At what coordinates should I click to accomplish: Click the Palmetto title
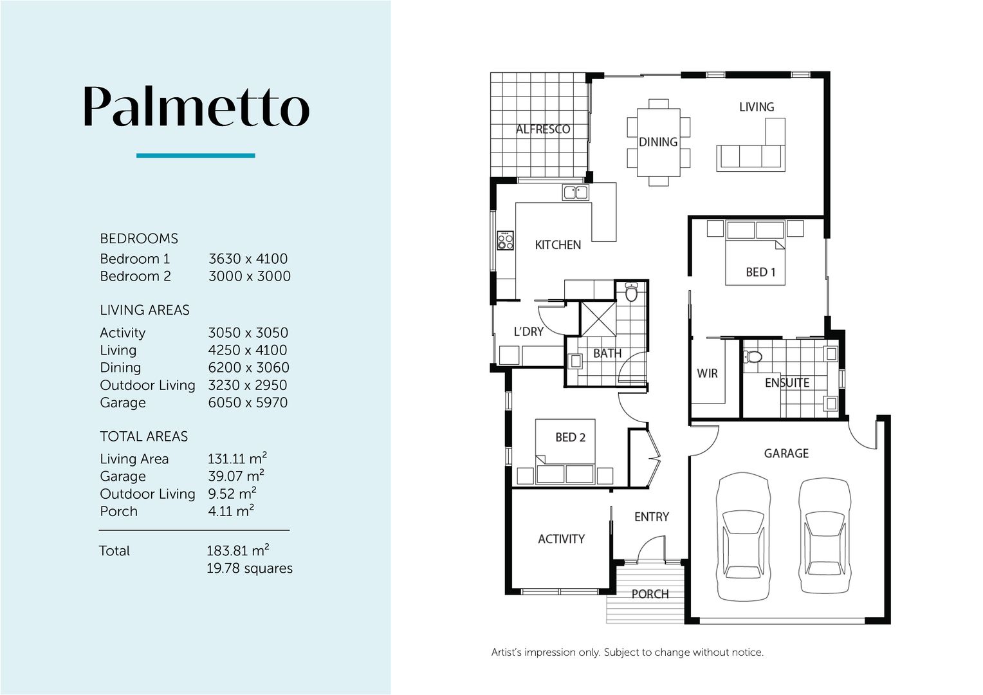197,106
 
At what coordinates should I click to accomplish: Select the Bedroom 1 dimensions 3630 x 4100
248,259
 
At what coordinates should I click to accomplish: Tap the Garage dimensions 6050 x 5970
248,402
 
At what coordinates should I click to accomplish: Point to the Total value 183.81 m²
238,550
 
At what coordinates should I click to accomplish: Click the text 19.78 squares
249,568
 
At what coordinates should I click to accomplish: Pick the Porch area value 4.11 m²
231,510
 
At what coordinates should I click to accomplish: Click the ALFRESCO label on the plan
543,129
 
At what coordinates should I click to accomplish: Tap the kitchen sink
575,192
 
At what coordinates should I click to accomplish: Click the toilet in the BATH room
631,292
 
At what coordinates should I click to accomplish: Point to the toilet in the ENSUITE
753,356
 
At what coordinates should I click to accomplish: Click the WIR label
707,373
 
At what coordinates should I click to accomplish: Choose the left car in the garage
743,537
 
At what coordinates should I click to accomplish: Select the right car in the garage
825,535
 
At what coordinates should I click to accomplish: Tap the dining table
658,142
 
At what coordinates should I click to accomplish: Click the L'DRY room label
529,331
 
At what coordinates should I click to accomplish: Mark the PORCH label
650,594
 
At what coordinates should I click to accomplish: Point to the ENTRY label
652,517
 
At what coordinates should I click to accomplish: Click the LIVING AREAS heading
144,310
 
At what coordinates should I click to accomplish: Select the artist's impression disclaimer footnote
627,653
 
